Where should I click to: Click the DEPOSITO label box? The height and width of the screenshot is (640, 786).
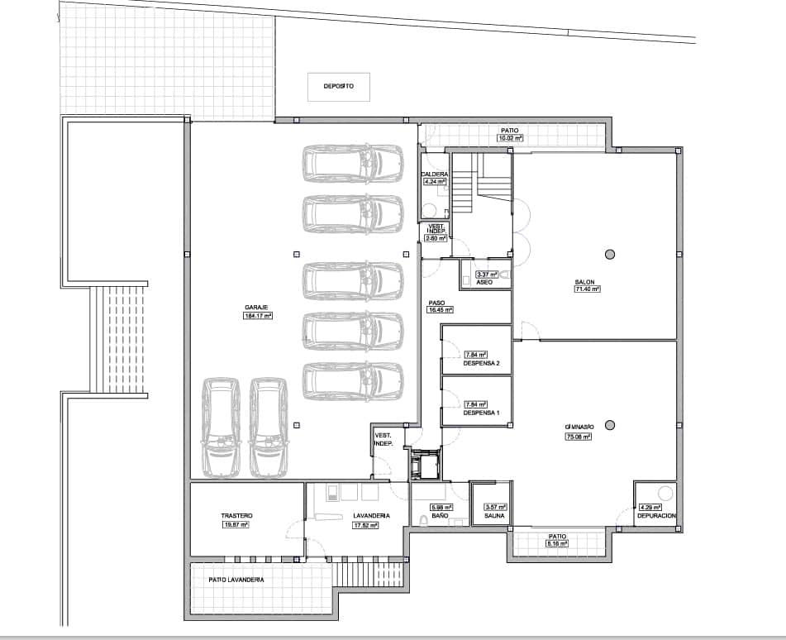click(339, 87)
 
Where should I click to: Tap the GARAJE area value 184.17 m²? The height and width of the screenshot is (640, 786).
click(258, 316)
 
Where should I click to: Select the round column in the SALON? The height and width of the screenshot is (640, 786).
click(610, 254)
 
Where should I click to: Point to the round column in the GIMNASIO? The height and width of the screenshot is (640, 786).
click(610, 425)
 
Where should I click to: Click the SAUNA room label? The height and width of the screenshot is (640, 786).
click(495, 515)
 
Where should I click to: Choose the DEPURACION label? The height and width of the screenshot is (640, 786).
click(657, 515)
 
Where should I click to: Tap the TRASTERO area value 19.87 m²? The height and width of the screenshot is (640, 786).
click(236, 524)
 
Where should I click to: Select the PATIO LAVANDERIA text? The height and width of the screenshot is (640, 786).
click(236, 580)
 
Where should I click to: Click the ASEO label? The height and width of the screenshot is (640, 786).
click(484, 283)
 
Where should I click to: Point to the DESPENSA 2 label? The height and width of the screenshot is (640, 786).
click(482, 363)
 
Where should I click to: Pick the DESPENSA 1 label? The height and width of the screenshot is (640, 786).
click(482, 412)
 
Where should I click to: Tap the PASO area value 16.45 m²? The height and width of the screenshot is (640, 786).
click(441, 311)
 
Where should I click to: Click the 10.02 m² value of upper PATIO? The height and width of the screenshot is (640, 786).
click(510, 139)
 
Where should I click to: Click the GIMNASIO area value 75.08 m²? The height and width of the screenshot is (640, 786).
click(579, 436)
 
